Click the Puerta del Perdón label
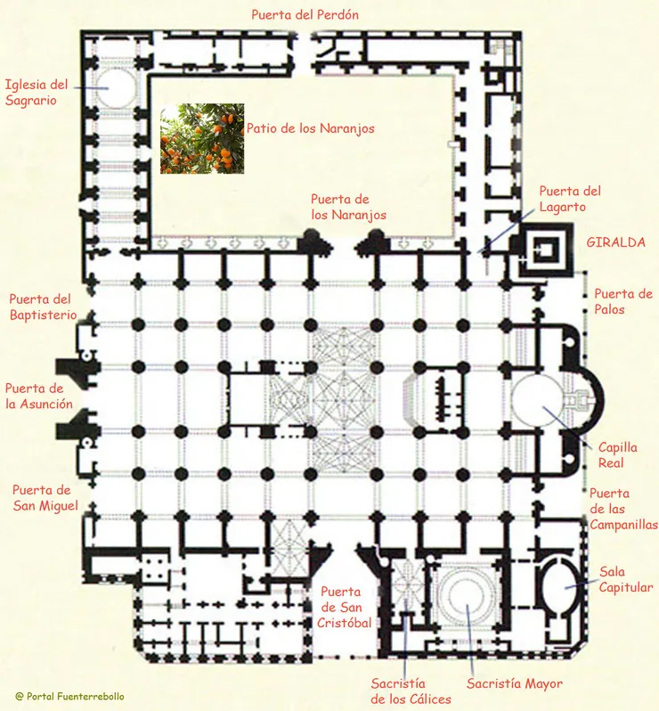305,15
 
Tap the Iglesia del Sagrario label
37,93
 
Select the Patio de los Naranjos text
310,128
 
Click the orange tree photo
202,138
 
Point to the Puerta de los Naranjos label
347,208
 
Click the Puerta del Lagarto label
570,199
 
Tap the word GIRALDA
615,242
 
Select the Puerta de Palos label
623,302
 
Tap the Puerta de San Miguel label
41,498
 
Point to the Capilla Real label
617,455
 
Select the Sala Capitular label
626,579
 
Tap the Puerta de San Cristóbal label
344,607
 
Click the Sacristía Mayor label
515,684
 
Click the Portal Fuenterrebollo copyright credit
70,696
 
